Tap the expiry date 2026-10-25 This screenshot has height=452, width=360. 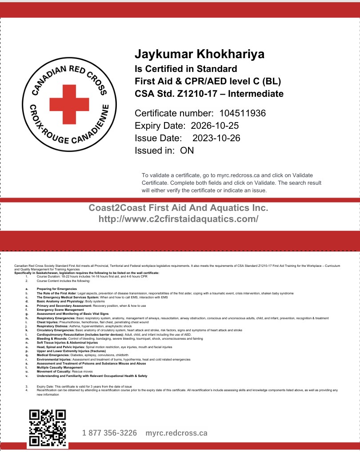pos(215,126)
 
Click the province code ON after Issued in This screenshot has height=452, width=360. pos(187,151)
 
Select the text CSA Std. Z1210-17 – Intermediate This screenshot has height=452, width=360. pos(209,94)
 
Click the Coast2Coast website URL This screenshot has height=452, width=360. pos(178,219)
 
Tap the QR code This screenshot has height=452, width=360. pos(47,428)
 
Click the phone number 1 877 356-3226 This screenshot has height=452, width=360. pos(109,433)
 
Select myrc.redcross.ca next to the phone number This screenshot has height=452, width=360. pos(176,433)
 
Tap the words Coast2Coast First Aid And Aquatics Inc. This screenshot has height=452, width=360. pos(178,208)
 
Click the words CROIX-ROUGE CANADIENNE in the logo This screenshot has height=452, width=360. pos(69,131)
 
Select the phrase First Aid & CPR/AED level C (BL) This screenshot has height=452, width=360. pos(208,81)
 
